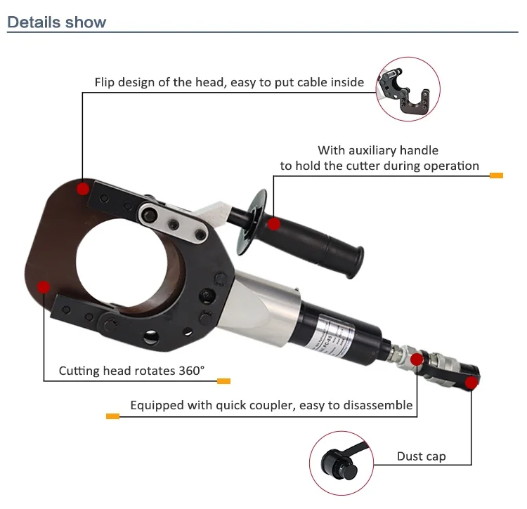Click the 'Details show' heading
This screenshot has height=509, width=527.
(x=56, y=22)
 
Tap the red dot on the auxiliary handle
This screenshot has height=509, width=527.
(x=274, y=224)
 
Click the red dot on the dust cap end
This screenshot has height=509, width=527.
(x=471, y=383)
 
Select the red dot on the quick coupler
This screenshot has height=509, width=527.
(x=416, y=360)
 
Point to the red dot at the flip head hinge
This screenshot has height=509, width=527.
(x=84, y=188)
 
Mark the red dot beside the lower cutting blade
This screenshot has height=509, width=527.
(x=44, y=286)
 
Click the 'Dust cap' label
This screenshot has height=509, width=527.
(x=421, y=456)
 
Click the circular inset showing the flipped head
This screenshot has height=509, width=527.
(x=408, y=90)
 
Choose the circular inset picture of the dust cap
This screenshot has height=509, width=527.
(x=341, y=462)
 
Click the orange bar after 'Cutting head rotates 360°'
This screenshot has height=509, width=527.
(x=223, y=381)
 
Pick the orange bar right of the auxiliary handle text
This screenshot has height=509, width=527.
(x=496, y=175)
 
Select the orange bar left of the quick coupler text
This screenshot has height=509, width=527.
(x=112, y=416)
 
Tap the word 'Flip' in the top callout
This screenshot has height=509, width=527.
(x=106, y=82)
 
